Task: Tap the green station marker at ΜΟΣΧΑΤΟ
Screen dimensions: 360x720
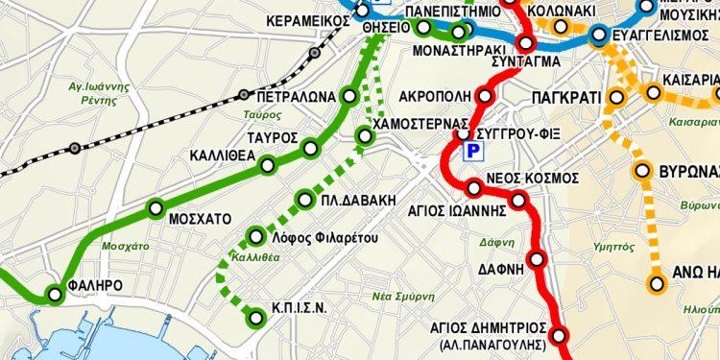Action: pos(156,208)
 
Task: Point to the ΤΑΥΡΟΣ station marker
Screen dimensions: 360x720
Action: pos(309,147)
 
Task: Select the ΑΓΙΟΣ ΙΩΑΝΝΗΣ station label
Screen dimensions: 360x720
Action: pos(457,205)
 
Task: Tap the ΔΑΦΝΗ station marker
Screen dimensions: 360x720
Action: pos(537,259)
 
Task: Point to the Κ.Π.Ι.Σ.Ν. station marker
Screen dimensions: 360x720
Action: pos(255,318)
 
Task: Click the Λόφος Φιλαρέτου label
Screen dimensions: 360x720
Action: pos(324,237)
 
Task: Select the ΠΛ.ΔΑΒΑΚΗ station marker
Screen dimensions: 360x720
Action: pos(304,200)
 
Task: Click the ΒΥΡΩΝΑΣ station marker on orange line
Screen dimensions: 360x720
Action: pos(643,173)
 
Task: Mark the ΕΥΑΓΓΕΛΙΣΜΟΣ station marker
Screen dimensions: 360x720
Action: pos(599,36)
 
